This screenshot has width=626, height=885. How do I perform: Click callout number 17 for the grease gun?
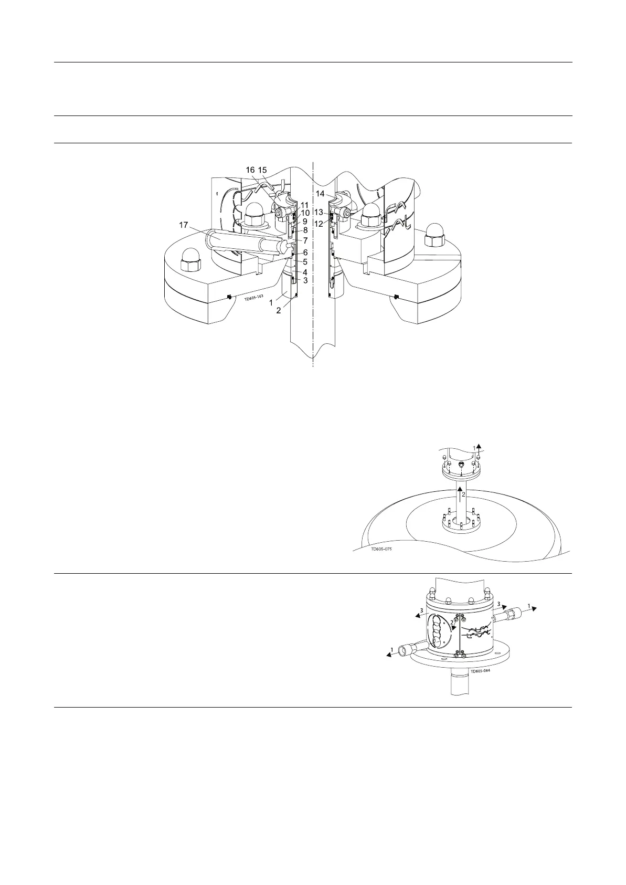(184, 225)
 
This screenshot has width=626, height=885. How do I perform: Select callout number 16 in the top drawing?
(250, 170)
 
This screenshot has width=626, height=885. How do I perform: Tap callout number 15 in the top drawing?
(262, 170)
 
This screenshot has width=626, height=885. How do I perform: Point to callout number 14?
(320, 194)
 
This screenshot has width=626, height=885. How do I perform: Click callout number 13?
(319, 213)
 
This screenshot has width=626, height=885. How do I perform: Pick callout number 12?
(319, 224)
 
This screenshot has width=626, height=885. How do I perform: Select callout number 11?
(304, 205)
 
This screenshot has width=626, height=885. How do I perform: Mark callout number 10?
(305, 213)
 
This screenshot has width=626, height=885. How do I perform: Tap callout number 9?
(305, 222)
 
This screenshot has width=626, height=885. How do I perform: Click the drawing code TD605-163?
(256, 299)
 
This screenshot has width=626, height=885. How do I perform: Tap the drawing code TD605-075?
(381, 549)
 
